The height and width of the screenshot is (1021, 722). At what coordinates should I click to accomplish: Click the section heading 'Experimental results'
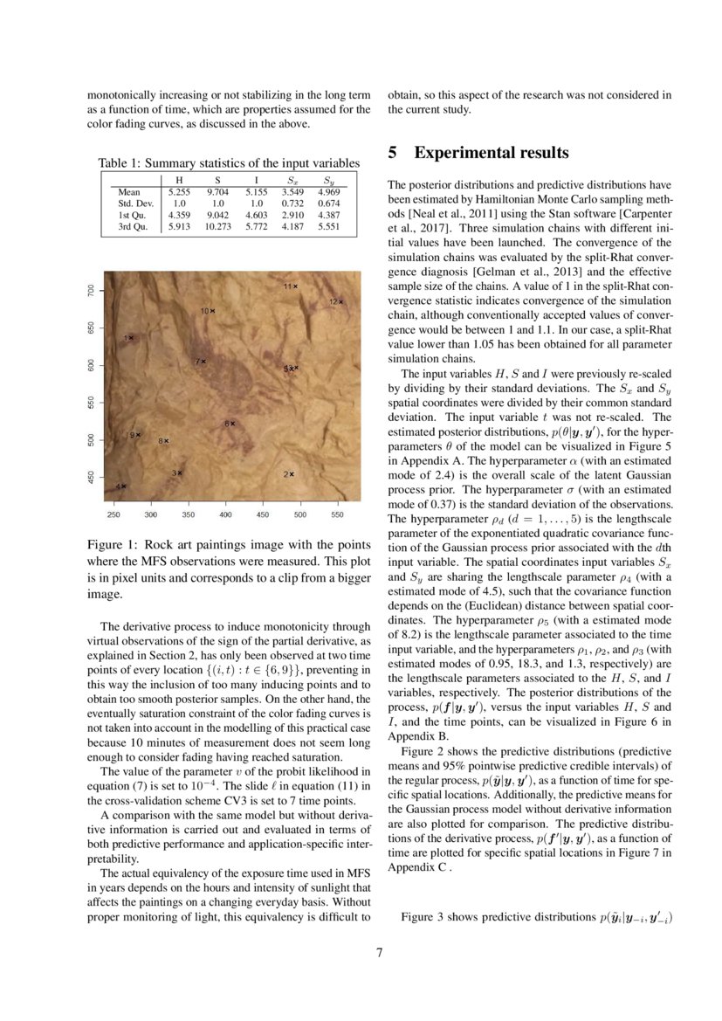[x=491, y=153]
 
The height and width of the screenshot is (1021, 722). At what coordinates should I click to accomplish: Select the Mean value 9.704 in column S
[x=217, y=191]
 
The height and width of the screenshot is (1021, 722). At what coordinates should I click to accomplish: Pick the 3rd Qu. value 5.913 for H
[x=180, y=226]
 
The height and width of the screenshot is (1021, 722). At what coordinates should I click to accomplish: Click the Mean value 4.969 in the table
[x=329, y=191]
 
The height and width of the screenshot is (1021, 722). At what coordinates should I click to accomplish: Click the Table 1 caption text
[x=228, y=162]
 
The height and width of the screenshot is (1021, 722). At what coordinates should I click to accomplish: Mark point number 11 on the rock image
[x=295, y=286]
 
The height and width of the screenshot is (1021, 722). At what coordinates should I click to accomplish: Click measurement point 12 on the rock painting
[x=340, y=301]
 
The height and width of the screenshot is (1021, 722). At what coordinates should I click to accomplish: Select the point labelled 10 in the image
[x=212, y=310]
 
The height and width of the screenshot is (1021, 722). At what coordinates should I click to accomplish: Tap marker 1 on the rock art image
[x=132, y=338]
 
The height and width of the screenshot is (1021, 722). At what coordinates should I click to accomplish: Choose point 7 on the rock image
[x=204, y=361]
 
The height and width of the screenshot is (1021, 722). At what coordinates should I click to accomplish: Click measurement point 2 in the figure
[x=292, y=474]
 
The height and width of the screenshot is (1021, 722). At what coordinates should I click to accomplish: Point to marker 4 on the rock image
[x=123, y=486]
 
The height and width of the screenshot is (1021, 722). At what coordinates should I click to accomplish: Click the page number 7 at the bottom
[x=379, y=953]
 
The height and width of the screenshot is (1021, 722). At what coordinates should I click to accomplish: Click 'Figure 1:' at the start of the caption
[x=113, y=545]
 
